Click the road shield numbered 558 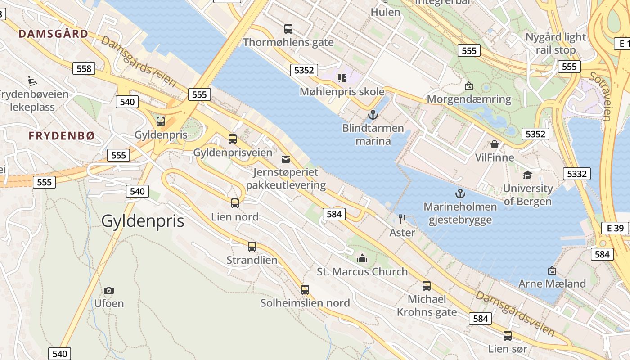click(84, 68)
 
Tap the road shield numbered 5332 click(576, 174)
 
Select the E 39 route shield click(615, 228)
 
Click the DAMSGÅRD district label click(54, 34)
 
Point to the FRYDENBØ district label click(62, 136)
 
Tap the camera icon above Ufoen click(108, 290)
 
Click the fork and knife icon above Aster click(402, 219)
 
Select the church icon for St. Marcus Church click(362, 258)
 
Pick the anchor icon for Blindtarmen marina click(373, 115)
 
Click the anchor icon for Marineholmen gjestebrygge click(460, 193)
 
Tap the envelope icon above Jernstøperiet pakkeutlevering click(286, 159)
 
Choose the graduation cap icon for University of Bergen click(527, 175)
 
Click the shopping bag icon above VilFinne click(495, 144)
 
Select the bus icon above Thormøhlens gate click(288, 29)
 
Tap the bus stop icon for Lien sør click(508, 335)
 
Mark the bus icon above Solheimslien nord click(305, 289)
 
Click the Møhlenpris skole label click(342, 92)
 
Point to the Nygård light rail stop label click(556, 43)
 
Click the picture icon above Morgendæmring click(469, 85)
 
